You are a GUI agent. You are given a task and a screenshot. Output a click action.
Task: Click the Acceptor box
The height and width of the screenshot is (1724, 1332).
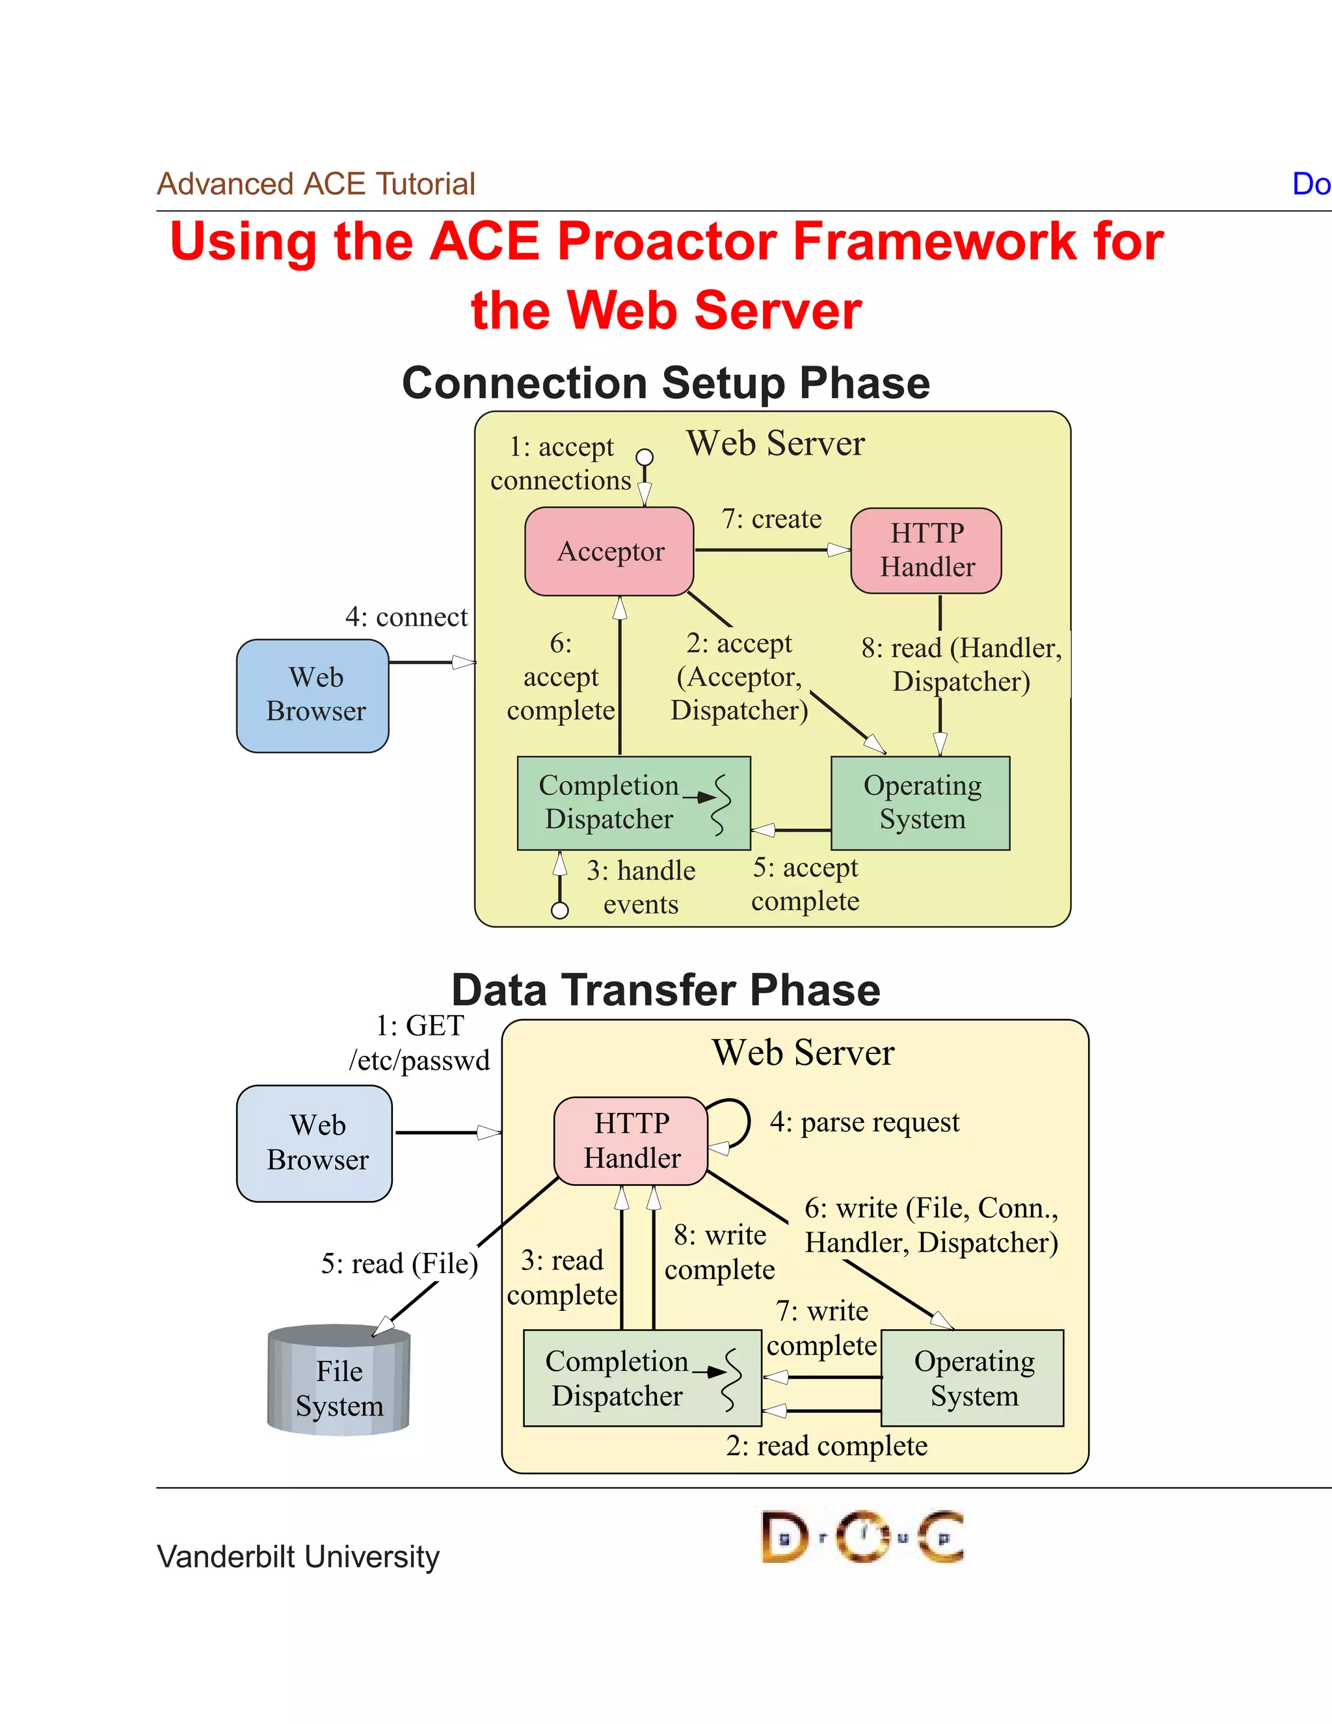[609, 551]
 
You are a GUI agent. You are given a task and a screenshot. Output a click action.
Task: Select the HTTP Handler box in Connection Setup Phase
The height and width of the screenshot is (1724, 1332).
[926, 550]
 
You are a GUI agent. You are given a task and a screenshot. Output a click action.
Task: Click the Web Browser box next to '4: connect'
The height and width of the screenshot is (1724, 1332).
[313, 695]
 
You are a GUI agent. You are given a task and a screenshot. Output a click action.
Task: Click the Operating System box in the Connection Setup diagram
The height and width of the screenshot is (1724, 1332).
[921, 803]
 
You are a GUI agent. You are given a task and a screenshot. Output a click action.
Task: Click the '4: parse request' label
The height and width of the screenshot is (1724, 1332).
[864, 1122]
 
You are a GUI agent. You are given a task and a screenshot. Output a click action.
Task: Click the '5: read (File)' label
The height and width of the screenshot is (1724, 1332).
[399, 1263]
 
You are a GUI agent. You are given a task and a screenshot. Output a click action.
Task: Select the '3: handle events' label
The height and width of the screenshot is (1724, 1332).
[641, 887]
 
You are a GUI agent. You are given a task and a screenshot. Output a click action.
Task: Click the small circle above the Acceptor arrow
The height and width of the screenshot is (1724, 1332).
[645, 457]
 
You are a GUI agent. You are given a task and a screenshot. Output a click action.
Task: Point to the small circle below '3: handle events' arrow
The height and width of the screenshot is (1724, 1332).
[560, 910]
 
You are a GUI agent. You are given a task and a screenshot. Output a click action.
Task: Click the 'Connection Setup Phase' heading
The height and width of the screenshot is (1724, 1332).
[665, 383]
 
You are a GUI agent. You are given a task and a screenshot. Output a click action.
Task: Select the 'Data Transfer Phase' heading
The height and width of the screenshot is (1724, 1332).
[665, 990]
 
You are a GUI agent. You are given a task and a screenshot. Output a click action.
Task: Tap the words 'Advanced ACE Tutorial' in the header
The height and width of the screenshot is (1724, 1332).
[315, 184]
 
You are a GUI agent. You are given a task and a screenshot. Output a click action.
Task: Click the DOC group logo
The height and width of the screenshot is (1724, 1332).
[862, 1537]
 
